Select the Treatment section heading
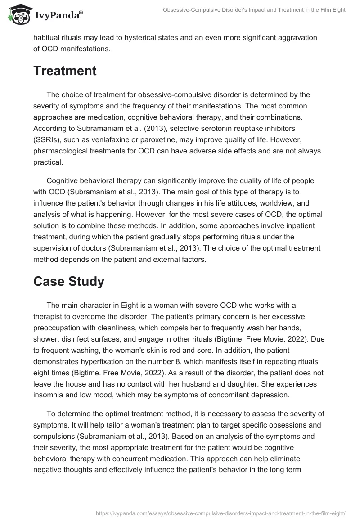tap(65, 71)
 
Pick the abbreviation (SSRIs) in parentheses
tap(48, 139)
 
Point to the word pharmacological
tap(67, 151)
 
